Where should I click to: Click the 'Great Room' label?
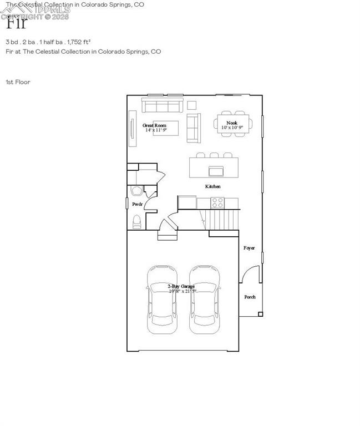pos(155,125)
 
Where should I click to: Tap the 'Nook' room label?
pos(232,122)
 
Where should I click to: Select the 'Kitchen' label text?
pos(213,186)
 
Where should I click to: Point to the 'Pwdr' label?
pos(138,205)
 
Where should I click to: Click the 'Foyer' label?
pos(250,248)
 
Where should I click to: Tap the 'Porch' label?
pos(250,297)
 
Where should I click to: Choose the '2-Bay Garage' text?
pos(181,286)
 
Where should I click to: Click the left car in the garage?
pos(162,300)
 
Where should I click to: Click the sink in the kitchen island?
pos(216,170)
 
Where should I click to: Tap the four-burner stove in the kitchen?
pos(217,202)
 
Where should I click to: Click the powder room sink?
pos(135,191)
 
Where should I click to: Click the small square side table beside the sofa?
pos(191,105)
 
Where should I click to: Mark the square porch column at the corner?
pos(260,314)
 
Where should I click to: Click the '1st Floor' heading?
pos(18,82)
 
